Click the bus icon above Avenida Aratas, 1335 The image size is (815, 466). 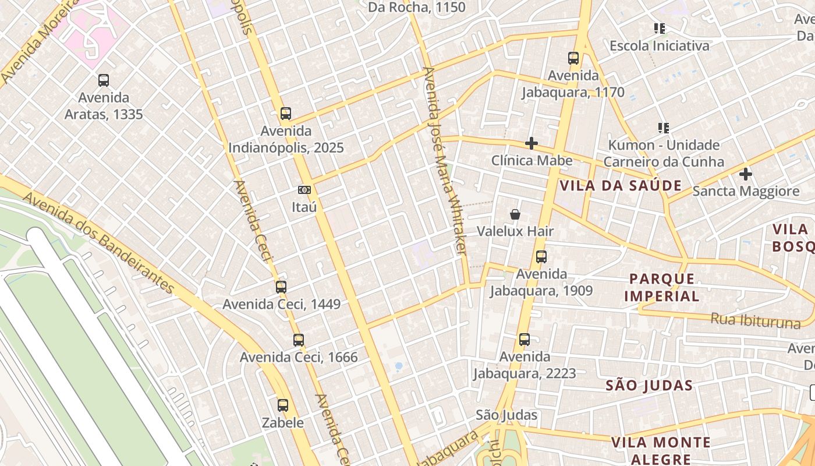tap(104, 80)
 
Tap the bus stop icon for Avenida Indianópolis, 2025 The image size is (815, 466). tap(285, 114)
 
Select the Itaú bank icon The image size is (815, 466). tap(304, 190)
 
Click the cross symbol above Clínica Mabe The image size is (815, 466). tap(531, 143)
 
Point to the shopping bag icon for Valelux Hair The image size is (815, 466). tap(515, 215)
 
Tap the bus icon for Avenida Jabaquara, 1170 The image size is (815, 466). tap(573, 58)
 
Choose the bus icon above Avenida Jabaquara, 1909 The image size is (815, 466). tap(541, 257)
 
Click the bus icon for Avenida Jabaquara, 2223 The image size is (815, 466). tap(525, 340)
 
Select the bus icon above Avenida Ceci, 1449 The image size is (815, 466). tap(281, 287)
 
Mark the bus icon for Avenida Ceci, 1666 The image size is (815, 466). tap(299, 340)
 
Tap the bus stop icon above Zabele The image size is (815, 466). tap(283, 405)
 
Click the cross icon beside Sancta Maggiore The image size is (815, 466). tap(745, 174)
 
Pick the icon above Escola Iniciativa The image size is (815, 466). tap(660, 28)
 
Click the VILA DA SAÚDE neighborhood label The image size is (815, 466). tap(621, 186)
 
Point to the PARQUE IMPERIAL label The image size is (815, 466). tap(662, 287)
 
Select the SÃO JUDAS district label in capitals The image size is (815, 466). tap(649, 386)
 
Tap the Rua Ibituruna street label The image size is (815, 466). tap(755, 320)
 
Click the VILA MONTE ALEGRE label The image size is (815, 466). tap(661, 451)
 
